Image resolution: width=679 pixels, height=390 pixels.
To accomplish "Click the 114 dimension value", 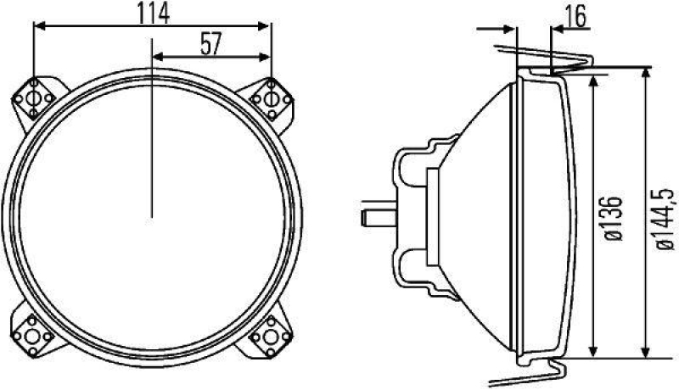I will (x=153, y=12).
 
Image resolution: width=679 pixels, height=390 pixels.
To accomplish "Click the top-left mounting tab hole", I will (x=34, y=100).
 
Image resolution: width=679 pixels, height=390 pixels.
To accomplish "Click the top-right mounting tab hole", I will (x=271, y=100).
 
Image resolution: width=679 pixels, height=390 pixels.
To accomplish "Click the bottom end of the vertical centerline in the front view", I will (x=151, y=217).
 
